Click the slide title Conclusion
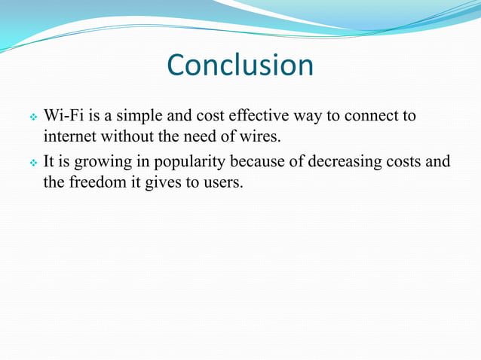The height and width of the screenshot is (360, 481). tap(240, 66)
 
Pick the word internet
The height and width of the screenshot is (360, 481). tap(69, 138)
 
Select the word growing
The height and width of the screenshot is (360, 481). tap(98, 163)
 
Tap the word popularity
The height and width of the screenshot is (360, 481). tap(184, 163)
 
